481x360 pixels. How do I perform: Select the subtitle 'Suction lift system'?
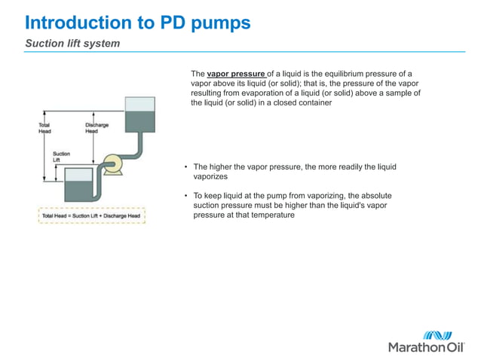(x=72, y=44)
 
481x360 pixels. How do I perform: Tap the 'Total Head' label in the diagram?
(x=45, y=127)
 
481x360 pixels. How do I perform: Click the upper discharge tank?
(x=139, y=113)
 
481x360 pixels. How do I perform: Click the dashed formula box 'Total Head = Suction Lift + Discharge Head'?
(x=91, y=216)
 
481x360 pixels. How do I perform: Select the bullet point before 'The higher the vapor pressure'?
(x=185, y=167)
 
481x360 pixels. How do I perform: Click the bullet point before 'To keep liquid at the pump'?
(x=185, y=196)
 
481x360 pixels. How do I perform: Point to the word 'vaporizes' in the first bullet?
(x=210, y=176)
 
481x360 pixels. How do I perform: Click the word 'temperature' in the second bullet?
(x=270, y=215)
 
